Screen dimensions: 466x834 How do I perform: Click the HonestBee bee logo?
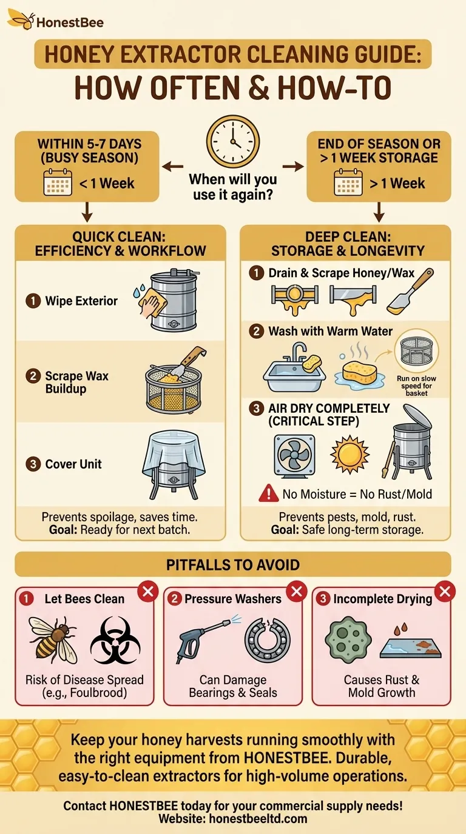21,19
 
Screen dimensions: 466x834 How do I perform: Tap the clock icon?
233,141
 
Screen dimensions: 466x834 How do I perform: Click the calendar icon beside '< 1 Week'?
58,182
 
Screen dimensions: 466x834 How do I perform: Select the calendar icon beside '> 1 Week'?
348,182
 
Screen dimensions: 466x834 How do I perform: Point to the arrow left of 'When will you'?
172,167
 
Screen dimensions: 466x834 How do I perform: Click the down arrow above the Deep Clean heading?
379,212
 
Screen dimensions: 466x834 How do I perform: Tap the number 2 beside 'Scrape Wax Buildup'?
33,376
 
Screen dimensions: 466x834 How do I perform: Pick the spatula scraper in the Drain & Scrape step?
410,291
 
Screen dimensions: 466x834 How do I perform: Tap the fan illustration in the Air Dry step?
294,456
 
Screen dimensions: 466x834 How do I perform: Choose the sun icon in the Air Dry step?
349,454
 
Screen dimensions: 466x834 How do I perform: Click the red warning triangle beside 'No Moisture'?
268,493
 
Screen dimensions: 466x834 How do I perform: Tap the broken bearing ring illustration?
268,639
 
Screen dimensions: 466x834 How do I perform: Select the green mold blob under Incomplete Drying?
348,639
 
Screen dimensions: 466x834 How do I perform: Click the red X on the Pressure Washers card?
296,591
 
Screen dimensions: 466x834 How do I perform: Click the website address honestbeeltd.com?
258,819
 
